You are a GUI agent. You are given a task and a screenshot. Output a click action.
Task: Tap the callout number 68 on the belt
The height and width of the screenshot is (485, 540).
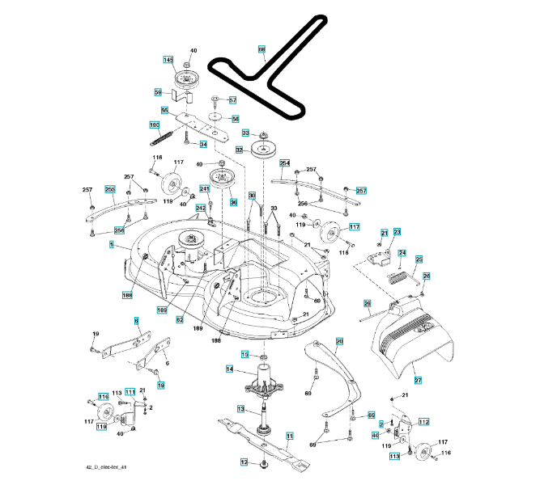coord(261,50)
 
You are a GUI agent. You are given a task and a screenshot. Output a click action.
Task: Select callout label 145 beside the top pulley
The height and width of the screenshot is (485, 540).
coord(168,60)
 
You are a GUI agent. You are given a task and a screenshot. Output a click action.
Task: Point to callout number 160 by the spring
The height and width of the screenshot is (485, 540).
coord(154,124)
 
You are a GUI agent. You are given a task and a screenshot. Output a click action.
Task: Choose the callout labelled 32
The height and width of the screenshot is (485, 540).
coord(240,150)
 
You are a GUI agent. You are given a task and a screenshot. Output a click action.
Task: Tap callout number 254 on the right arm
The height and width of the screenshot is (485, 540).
coord(284,162)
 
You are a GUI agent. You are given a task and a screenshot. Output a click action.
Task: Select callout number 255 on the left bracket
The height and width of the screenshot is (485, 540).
coord(110,189)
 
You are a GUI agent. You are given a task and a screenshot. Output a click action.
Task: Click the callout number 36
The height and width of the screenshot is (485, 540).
coord(233,202)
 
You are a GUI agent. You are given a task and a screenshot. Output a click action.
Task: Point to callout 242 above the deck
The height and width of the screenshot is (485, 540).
coord(201,209)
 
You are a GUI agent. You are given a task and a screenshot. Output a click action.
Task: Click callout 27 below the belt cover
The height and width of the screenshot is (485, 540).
coord(419,380)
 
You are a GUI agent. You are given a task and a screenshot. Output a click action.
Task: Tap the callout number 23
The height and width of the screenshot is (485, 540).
coord(398,232)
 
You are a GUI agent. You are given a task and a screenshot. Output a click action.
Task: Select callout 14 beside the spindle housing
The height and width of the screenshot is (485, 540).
coord(230,369)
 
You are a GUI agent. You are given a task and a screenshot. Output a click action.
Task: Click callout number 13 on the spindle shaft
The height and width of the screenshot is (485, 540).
coord(240,409)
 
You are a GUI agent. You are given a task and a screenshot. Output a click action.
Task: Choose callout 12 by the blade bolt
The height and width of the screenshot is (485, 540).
coord(243,462)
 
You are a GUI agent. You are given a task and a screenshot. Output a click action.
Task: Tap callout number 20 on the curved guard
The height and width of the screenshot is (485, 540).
coord(340,342)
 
